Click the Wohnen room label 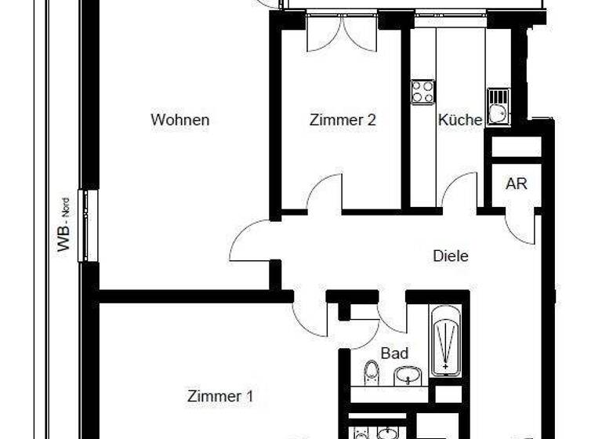point(180,120)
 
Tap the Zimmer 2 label point(343,120)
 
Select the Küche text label point(459,120)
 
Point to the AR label point(517,184)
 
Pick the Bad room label point(394,353)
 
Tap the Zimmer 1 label point(220,396)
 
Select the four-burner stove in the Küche point(423,92)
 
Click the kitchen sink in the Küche point(497,107)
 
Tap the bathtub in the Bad point(444,339)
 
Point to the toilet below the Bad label point(372,372)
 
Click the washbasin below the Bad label point(406,377)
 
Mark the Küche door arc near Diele point(460,192)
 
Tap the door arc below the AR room point(520,227)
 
